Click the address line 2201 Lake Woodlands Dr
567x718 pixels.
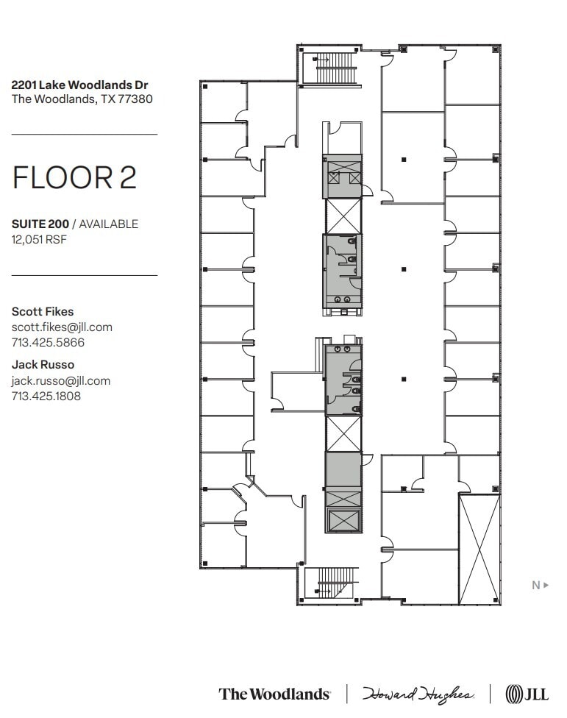(80, 85)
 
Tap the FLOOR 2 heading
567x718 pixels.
(74, 178)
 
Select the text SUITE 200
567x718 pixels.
(40, 224)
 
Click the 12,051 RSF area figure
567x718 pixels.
(39, 239)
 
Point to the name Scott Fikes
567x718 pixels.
(43, 311)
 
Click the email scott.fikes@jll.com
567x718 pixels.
(62, 327)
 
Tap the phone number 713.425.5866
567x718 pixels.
(48, 342)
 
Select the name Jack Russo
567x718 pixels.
(43, 364)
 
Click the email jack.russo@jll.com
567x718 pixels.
(61, 380)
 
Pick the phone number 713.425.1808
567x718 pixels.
(46, 396)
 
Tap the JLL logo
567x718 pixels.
(527, 694)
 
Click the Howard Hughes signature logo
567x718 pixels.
(417, 694)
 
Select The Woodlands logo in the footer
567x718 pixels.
(274, 694)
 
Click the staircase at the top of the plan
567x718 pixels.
(335, 68)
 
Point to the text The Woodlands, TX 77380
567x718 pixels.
(82, 99)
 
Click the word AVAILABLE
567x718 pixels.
(109, 224)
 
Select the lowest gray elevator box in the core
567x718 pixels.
(343, 520)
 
